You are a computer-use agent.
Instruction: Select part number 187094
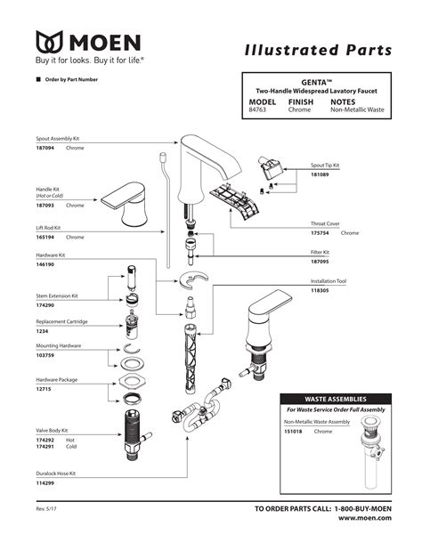(x=46, y=149)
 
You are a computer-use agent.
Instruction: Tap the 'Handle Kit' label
(x=51, y=189)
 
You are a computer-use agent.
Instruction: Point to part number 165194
(x=46, y=238)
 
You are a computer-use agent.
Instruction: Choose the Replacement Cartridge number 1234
(x=41, y=328)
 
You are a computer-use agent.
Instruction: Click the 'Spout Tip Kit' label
(x=325, y=166)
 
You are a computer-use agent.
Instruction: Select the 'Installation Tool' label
(x=328, y=280)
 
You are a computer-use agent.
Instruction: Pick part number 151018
(x=294, y=431)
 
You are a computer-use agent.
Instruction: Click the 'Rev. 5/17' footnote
(x=47, y=509)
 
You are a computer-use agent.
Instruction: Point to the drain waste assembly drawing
(x=368, y=449)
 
